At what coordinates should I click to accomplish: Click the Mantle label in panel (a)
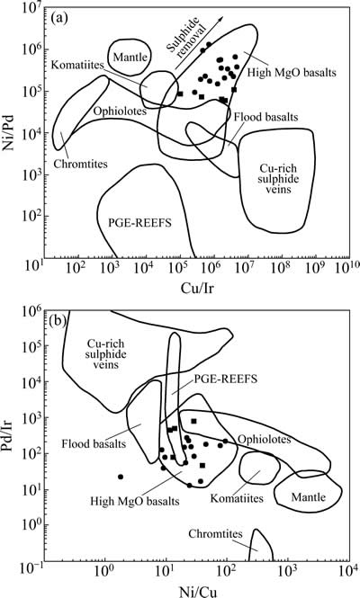pos(130,58)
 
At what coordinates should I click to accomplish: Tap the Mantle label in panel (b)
pos(309,497)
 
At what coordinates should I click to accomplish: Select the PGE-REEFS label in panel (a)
pos(140,222)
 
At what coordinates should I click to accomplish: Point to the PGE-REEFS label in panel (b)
pos(226,379)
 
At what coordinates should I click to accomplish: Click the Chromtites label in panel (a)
pos(81,164)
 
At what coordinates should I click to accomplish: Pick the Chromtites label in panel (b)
pos(216,533)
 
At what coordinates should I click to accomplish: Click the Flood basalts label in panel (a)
pos(266,116)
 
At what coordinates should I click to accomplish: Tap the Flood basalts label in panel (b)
pos(94,444)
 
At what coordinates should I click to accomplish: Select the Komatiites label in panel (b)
pos(237,498)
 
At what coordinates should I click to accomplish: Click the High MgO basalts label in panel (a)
pos(292,72)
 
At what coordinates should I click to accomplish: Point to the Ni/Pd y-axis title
pos(8,130)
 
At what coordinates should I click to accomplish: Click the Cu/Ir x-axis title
pos(197,288)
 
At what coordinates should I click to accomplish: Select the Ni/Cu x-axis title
pos(199,592)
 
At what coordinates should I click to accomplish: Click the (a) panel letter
pos(59,19)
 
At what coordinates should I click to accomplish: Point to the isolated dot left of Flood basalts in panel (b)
pos(121,477)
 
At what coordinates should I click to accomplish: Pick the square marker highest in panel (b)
pos(193,421)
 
